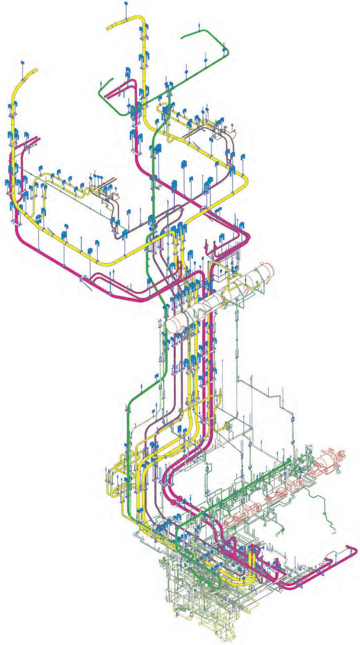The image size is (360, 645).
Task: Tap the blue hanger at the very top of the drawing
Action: tap(126, 4)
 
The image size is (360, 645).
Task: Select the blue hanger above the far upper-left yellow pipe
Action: tap(22, 63)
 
